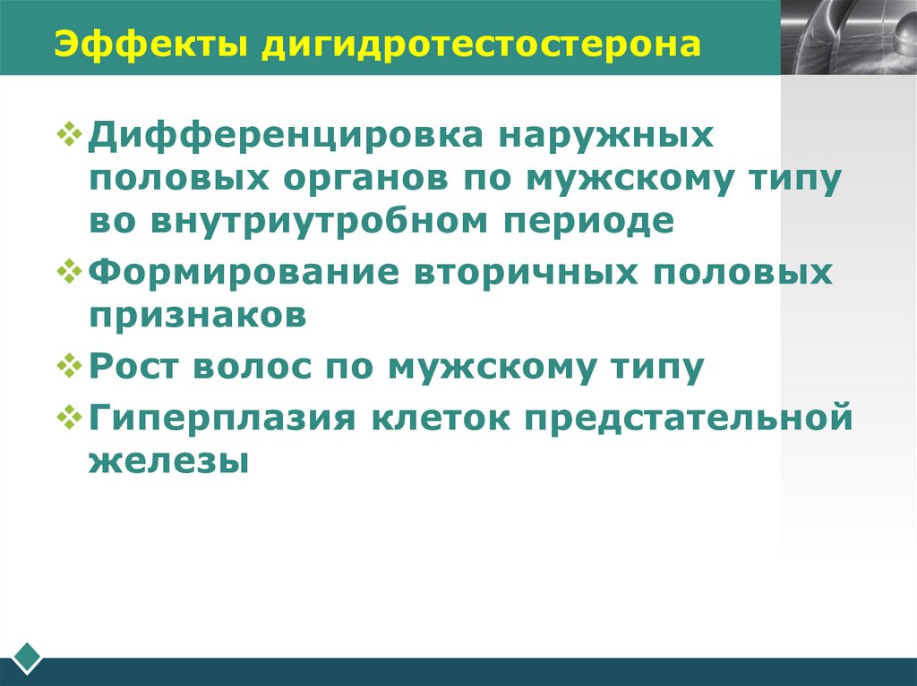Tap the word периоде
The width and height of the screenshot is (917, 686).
tap(584, 220)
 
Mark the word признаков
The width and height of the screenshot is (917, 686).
tap(198, 314)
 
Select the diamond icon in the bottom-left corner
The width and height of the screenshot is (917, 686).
tap(29, 657)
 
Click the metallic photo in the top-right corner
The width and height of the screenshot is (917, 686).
tap(848, 37)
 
